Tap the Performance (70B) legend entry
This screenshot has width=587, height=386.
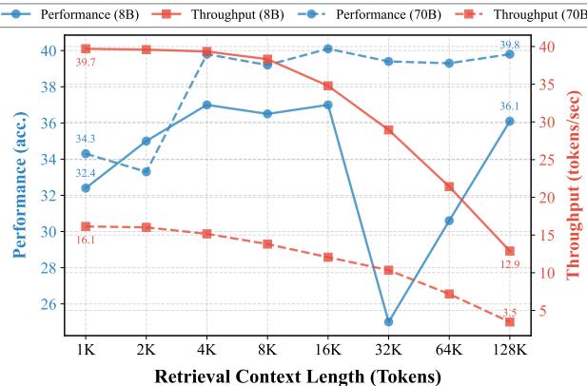tap(376, 13)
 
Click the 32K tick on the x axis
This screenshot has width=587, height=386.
tap(388, 351)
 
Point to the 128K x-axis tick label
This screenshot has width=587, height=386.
tap(509, 351)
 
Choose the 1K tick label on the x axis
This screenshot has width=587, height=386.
tap(86, 351)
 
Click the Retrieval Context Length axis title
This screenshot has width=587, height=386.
tap(297, 376)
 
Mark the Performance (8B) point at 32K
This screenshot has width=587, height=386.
tap(388, 321)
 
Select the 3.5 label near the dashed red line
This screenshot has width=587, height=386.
tap(509, 312)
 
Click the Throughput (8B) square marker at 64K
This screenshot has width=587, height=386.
tap(449, 186)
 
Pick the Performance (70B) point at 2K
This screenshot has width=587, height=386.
tap(146, 171)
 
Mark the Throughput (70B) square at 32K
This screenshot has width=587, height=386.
tap(388, 270)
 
